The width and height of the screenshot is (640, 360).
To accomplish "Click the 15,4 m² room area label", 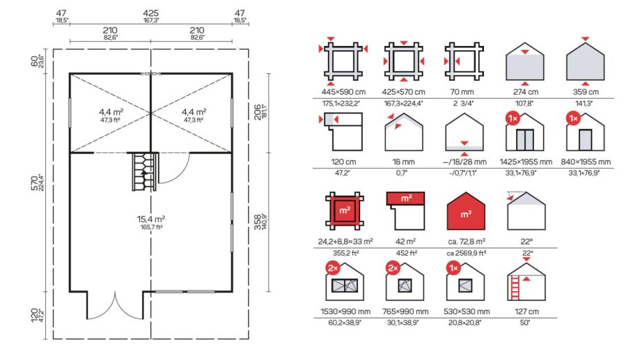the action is click(x=151, y=219).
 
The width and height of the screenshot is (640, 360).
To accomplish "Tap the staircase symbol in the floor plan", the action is click(x=144, y=171).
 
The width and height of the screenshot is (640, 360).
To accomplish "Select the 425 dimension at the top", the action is click(x=150, y=13).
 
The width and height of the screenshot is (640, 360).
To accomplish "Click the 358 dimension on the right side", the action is click(x=257, y=222).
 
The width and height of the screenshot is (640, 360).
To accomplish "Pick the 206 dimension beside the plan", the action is click(x=257, y=112).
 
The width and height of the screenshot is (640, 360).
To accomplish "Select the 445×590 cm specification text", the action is click(x=343, y=92).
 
